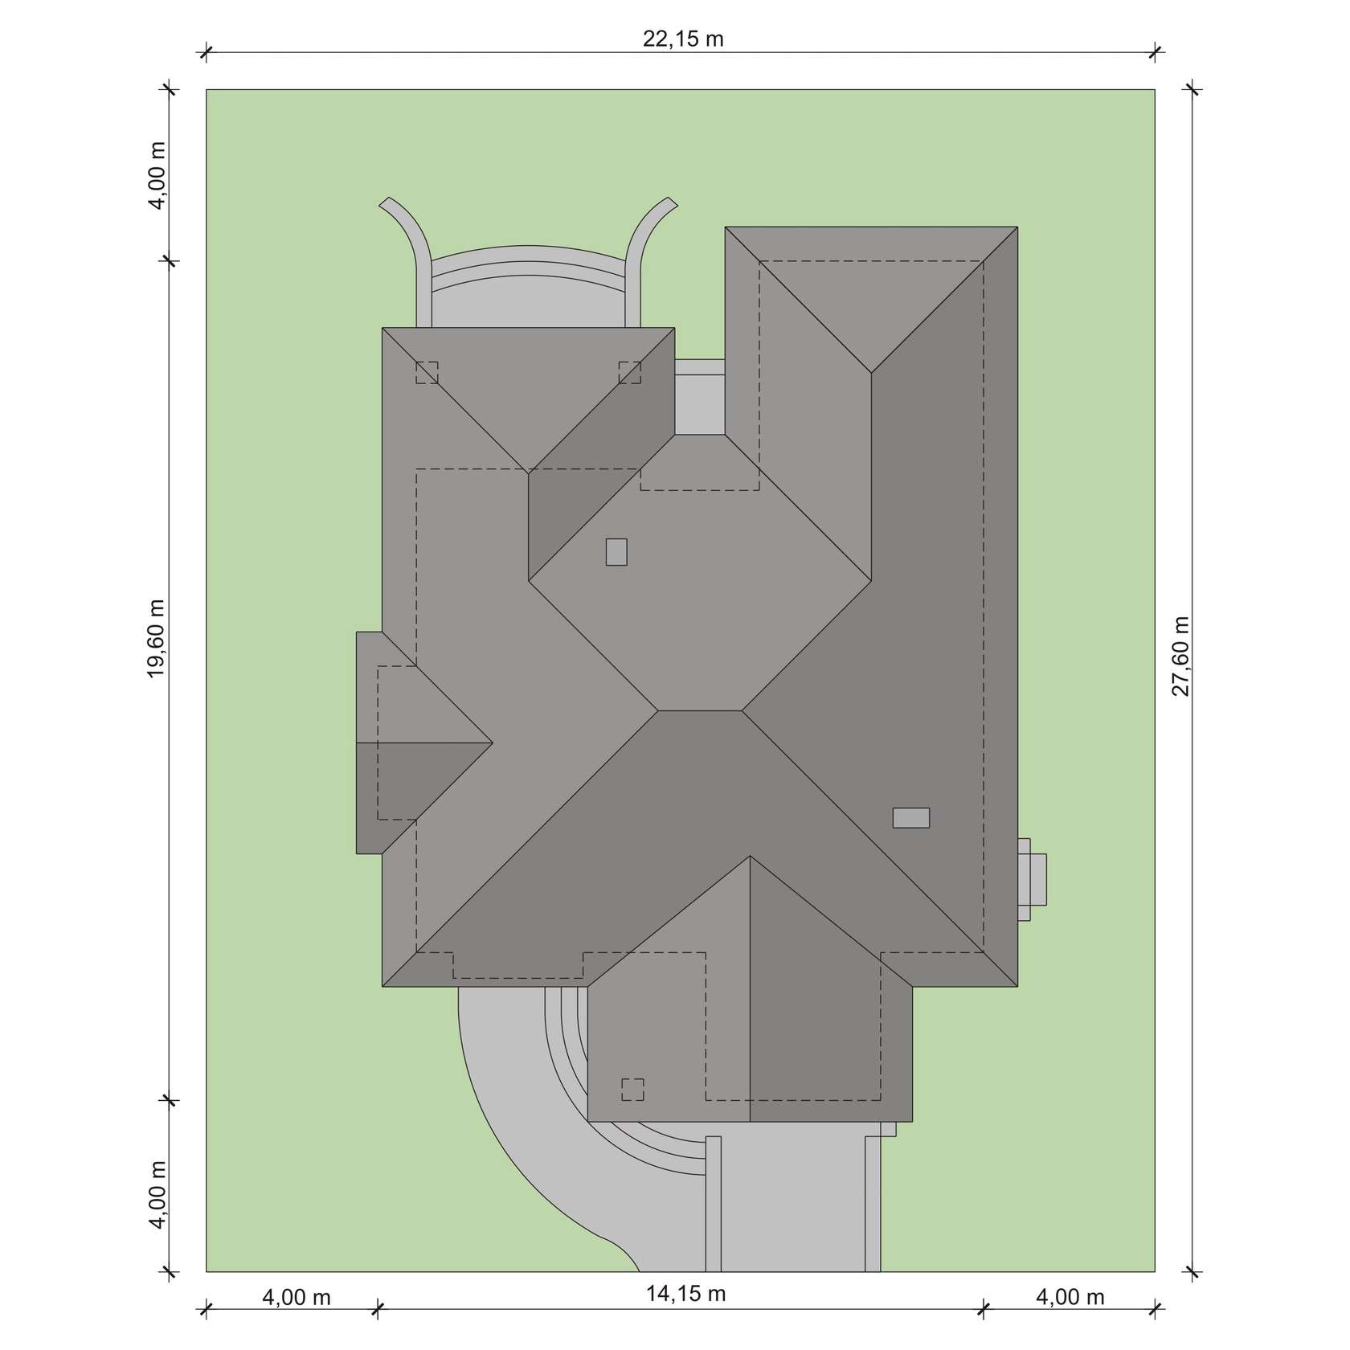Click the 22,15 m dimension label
[683, 39]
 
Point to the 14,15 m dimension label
[685, 1293]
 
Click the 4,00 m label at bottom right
[1070, 1297]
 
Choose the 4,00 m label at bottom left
[297, 1297]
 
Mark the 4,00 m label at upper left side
[157, 175]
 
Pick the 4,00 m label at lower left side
[157, 1194]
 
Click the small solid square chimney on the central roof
[616, 551]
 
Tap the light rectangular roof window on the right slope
[911, 817]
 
